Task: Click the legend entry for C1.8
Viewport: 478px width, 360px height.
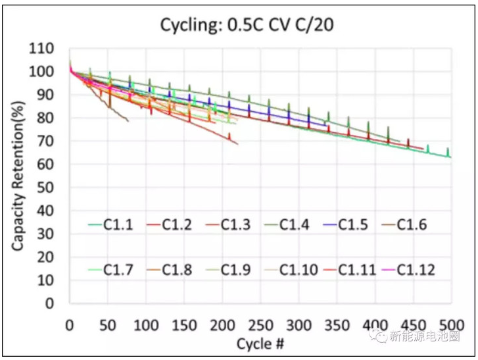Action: [169, 269]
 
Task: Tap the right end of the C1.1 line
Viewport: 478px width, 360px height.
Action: [451, 157]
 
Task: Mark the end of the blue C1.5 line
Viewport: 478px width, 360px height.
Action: [327, 125]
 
